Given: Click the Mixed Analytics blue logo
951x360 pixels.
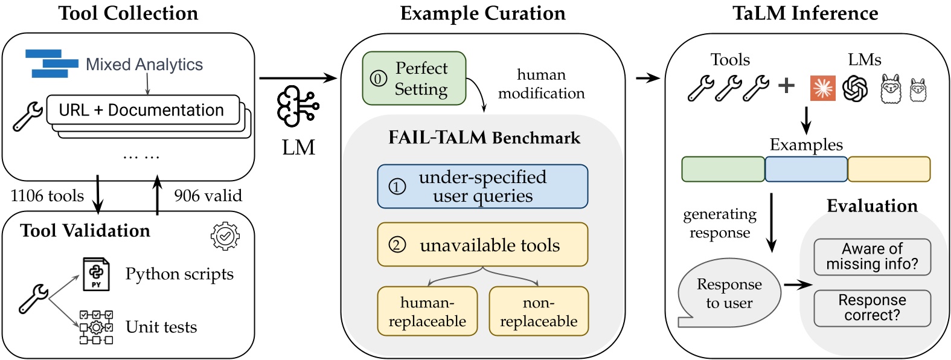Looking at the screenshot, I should pos(51,63).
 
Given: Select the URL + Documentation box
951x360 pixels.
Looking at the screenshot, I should pos(142,110).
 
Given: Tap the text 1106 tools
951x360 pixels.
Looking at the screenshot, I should pos(47,196).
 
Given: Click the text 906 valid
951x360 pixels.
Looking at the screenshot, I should pos(208,196).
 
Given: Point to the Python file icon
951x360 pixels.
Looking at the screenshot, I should pos(95,274).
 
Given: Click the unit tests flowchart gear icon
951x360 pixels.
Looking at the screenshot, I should pos(96,327).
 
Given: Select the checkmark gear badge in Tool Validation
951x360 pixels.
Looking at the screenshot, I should pos(225,236).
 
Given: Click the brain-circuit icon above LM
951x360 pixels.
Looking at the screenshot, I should pos(297,106).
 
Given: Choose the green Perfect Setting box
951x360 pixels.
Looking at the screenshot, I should pos(414,79).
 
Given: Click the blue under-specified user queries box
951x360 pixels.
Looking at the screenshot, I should pos(482,187).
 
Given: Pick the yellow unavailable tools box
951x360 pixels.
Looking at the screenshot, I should pos(482,245).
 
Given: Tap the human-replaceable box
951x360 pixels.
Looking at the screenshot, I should pos(427,312).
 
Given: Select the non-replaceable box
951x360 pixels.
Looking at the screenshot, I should pos(538,312).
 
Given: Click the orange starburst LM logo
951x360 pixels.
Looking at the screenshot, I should pos(822,88).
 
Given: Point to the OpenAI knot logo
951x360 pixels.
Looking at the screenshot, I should pos(854,88).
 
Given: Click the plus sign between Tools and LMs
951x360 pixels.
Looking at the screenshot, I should pos(786,85).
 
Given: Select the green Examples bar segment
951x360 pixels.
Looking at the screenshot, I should pos(723,169).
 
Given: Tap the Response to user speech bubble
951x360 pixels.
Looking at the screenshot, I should pos(729,293).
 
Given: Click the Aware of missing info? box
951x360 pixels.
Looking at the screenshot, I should pos(872,257).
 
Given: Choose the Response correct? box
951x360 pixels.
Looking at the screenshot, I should pos(872,308).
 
